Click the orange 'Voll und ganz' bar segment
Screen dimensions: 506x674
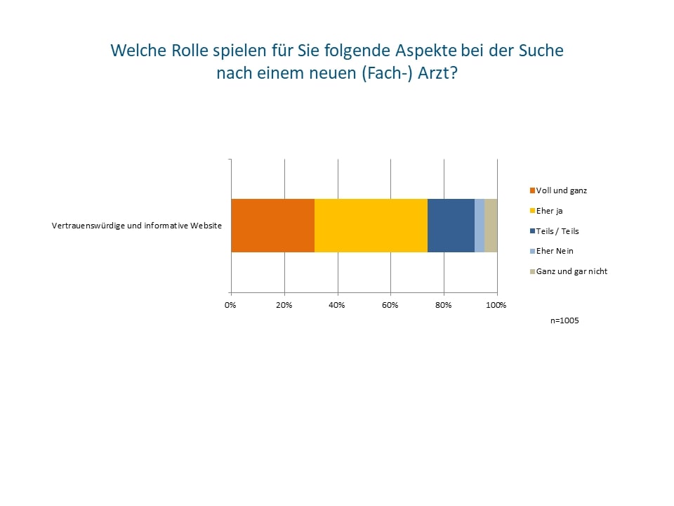pos(272,226)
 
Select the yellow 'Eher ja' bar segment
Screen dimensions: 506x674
pos(371,226)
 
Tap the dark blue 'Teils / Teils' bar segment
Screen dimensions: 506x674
pos(451,226)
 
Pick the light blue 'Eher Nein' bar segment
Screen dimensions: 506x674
pos(480,226)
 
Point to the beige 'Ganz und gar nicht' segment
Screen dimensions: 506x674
pos(491,226)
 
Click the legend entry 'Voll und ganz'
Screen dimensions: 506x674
pos(561,190)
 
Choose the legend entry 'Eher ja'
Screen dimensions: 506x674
pos(549,210)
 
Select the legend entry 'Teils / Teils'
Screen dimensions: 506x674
pos(557,231)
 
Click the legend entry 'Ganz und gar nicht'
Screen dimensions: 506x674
pos(571,271)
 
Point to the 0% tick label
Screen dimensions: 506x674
pos(230,305)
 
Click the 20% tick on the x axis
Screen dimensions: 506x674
pos(284,305)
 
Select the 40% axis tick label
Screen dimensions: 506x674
pos(337,305)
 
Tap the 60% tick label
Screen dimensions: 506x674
pos(390,305)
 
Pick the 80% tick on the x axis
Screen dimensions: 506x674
pos(444,305)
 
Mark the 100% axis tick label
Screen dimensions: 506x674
pos(496,305)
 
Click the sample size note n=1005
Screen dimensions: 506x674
pos(565,320)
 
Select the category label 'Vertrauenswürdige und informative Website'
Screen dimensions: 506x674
pos(137,226)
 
